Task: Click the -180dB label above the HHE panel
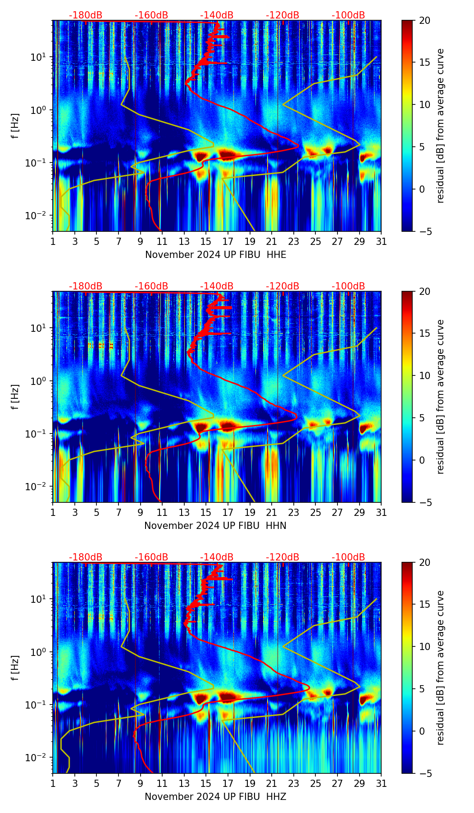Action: (x=86, y=15)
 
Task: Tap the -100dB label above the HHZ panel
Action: (x=348, y=557)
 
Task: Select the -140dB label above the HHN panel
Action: (x=217, y=286)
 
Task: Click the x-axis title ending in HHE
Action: (x=215, y=255)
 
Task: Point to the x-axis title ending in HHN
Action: (x=215, y=526)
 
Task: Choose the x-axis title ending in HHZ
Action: (x=215, y=797)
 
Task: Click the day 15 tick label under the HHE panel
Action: (x=205, y=241)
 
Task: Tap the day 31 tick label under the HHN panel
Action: (x=381, y=512)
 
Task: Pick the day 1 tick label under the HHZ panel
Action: (x=53, y=783)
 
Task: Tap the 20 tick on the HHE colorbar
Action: (x=425, y=20)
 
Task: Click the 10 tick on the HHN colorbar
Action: (x=425, y=375)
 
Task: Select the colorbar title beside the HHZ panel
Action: (x=440, y=668)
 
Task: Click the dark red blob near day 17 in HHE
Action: (x=228, y=155)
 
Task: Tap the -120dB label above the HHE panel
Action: (x=283, y=15)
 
